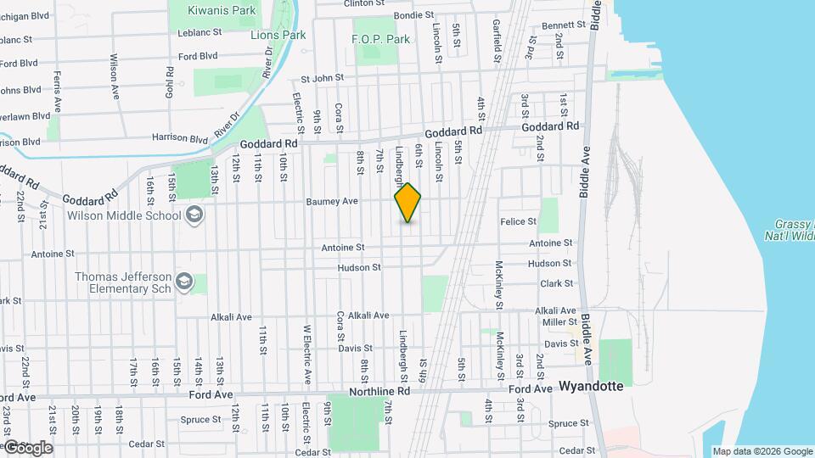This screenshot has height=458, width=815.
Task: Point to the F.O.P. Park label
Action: click(x=381, y=39)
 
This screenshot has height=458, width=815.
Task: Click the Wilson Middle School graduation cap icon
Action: click(x=195, y=215)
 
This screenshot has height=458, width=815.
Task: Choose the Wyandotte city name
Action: click(x=591, y=386)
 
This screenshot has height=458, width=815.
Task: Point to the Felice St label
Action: click(x=520, y=221)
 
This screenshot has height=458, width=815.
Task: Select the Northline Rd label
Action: click(x=379, y=391)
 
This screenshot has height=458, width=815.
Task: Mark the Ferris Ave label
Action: click(x=58, y=92)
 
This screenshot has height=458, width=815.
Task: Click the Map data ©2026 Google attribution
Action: click(x=762, y=451)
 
